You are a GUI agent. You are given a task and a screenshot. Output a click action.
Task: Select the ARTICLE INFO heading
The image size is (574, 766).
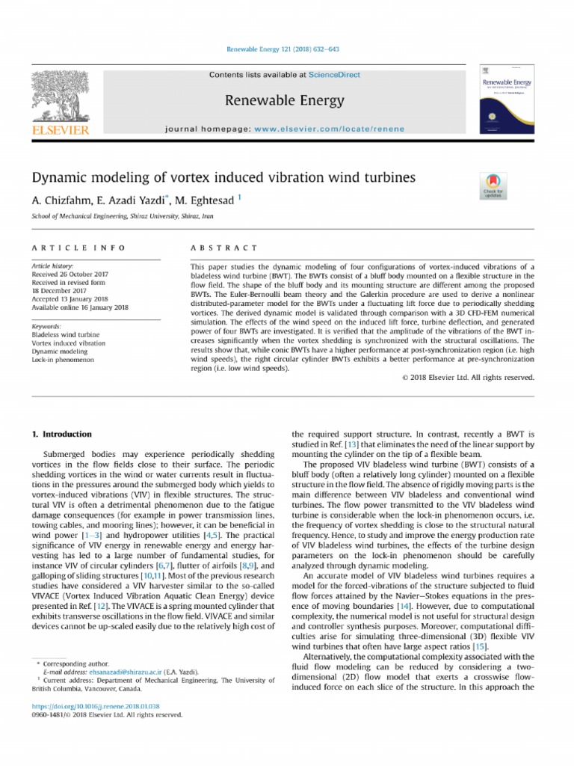78,248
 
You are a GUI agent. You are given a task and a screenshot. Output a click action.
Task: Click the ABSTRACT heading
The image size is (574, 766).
223,248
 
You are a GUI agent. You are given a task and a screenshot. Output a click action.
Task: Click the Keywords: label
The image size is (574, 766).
46,327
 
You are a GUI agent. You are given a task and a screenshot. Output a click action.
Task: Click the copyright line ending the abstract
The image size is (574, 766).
468,378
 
